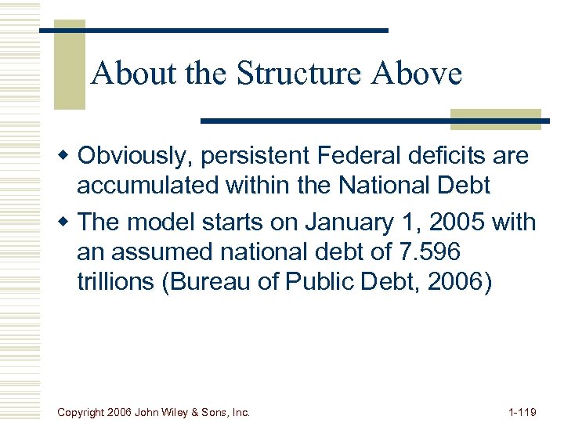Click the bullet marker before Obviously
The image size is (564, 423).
69,157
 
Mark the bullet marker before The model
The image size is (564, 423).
69,223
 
